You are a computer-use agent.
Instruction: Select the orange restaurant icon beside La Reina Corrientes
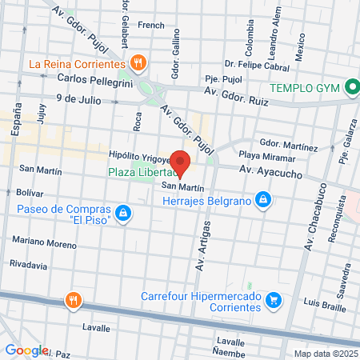pyautogui.click(x=138, y=62)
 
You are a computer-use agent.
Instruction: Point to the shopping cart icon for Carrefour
pyautogui.click(x=274, y=300)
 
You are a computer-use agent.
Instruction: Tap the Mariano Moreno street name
pyautogui.click(x=44, y=240)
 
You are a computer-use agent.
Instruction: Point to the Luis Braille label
pyautogui.click(x=324, y=304)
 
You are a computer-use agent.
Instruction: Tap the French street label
pyautogui.click(x=151, y=26)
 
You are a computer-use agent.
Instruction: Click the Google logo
pyautogui.click(x=26, y=350)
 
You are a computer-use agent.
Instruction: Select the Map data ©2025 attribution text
pyautogui.click(x=325, y=354)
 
